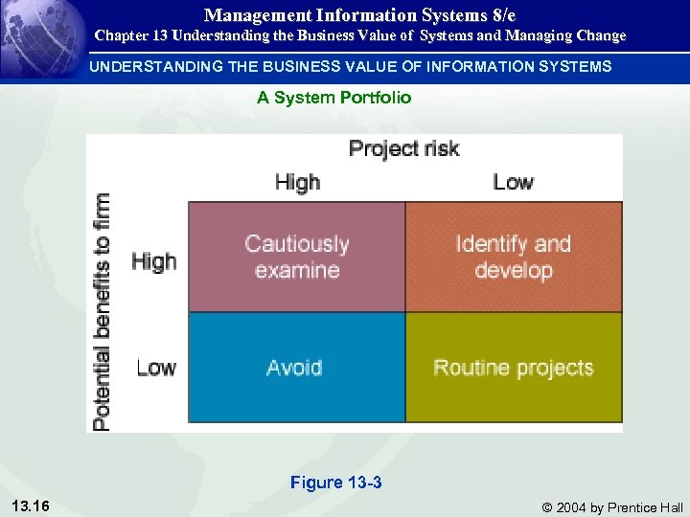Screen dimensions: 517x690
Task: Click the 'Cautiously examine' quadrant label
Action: pos(297,257)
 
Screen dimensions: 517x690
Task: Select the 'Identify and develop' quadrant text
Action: pos(514,257)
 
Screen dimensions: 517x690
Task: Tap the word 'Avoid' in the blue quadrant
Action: pos(294,368)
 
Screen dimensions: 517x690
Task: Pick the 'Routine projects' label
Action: pos(514,368)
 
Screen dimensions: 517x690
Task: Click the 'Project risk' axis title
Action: pos(403,148)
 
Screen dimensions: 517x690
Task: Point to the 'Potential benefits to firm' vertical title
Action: pos(101,311)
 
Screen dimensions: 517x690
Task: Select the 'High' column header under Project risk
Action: pos(297,182)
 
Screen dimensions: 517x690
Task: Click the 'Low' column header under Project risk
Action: pos(513,182)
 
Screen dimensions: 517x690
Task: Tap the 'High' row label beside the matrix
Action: pos(153,260)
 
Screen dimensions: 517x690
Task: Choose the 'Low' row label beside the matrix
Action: pos(155,368)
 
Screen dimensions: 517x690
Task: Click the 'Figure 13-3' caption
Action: pos(335,483)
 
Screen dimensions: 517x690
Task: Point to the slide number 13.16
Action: pos(33,506)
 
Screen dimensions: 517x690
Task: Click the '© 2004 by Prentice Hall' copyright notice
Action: pos(612,507)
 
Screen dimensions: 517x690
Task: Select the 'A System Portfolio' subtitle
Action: pos(333,97)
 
